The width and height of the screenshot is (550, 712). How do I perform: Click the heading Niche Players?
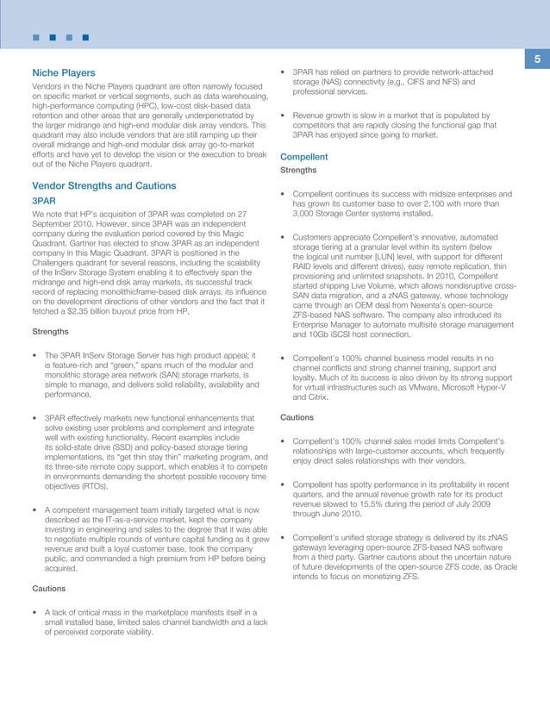pos(63,72)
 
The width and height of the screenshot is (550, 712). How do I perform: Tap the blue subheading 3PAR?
pos(43,201)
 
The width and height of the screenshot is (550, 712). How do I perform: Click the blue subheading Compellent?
pos(304,157)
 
